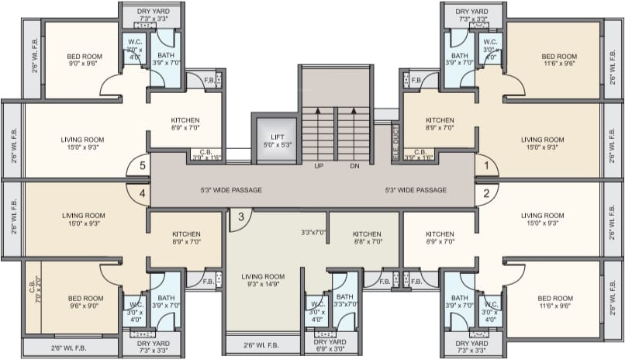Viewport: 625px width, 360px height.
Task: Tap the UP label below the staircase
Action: [319, 166]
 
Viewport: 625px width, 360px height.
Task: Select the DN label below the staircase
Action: [354, 166]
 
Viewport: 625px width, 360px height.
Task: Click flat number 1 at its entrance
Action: [486, 164]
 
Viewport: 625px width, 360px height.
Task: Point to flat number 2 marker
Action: [486, 193]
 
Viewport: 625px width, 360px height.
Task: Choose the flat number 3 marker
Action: [241, 216]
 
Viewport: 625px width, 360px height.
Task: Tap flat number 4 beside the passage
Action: [142, 193]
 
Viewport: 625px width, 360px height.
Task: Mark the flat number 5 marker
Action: [142, 164]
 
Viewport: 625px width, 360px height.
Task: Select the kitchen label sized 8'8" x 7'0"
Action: [367, 238]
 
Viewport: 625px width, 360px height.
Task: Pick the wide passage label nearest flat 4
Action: [230, 190]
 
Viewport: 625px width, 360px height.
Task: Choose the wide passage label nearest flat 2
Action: [416, 190]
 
